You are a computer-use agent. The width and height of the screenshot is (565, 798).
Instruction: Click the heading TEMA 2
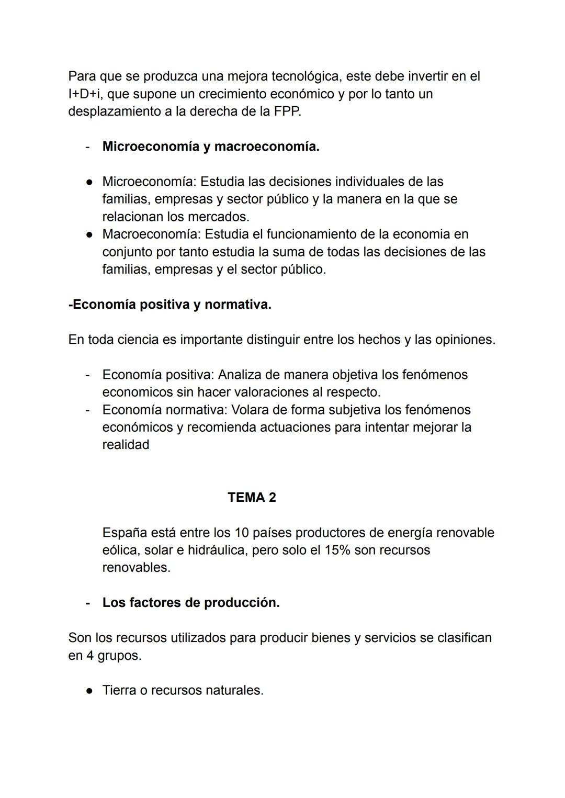(252, 497)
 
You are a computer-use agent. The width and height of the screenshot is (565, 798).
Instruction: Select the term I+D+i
(85, 94)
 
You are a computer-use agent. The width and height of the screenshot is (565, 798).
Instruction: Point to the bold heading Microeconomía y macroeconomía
(211, 147)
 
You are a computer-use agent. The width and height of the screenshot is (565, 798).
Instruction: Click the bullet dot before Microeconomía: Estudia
(89, 182)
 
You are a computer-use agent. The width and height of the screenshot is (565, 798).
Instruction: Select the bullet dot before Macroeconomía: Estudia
(89, 234)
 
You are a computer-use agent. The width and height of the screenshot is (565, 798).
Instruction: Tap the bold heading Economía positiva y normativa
(170, 305)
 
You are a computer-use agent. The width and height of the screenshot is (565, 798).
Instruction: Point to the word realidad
(126, 445)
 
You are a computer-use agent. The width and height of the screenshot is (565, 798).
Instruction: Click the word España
(125, 533)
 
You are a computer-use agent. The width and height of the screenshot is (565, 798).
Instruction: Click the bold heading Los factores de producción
(191, 603)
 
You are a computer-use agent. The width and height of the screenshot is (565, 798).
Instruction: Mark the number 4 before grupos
(90, 656)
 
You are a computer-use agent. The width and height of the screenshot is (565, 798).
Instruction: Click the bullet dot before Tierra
(89, 691)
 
